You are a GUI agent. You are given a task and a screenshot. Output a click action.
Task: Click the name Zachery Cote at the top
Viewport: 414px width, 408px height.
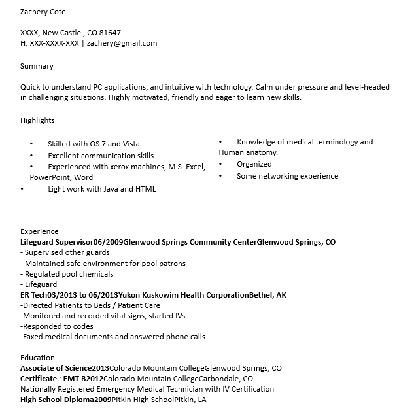(43, 12)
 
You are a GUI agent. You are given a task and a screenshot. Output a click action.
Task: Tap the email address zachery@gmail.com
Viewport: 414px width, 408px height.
(122, 43)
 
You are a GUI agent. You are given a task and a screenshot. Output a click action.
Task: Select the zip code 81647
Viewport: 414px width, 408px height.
(110, 32)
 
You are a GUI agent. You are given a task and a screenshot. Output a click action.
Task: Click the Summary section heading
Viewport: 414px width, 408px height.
(37, 66)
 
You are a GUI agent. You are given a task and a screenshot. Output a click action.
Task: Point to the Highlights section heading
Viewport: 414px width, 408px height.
(37, 120)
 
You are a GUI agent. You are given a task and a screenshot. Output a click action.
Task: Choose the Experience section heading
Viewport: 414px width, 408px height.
(39, 231)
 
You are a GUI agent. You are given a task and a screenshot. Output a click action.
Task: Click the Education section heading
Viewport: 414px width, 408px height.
(37, 358)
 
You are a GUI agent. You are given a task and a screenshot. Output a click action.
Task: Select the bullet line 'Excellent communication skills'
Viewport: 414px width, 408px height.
(101, 156)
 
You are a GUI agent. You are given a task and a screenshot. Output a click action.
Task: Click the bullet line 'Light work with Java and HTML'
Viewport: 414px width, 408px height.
(101, 189)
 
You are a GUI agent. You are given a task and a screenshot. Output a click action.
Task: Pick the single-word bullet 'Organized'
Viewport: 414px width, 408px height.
(254, 164)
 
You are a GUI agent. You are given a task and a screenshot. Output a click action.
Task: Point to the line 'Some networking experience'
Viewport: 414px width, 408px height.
(287, 176)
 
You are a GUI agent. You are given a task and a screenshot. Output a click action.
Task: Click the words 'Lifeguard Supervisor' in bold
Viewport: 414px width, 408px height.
(57, 241)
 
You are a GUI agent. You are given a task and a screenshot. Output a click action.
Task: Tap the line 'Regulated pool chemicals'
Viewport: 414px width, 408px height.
(67, 274)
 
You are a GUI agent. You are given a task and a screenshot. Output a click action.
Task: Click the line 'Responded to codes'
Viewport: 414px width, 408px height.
(58, 326)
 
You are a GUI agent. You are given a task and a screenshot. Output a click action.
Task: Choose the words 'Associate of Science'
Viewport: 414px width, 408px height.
(56, 368)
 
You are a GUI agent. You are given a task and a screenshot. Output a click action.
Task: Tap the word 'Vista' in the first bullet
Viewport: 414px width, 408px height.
(129, 144)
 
